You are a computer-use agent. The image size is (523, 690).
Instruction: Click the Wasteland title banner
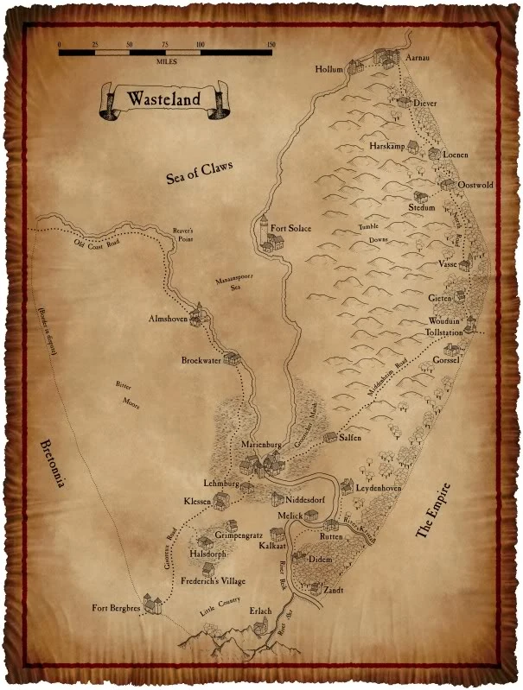click(x=163, y=98)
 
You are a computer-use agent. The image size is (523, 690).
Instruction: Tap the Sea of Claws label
click(x=201, y=172)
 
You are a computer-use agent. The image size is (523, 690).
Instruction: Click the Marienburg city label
click(x=263, y=444)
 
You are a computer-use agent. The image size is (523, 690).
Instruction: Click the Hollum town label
click(x=329, y=69)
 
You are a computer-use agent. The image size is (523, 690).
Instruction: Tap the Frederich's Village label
click(x=207, y=584)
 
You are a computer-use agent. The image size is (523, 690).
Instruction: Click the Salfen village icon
click(x=330, y=437)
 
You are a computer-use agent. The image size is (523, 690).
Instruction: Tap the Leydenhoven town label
click(x=384, y=489)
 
